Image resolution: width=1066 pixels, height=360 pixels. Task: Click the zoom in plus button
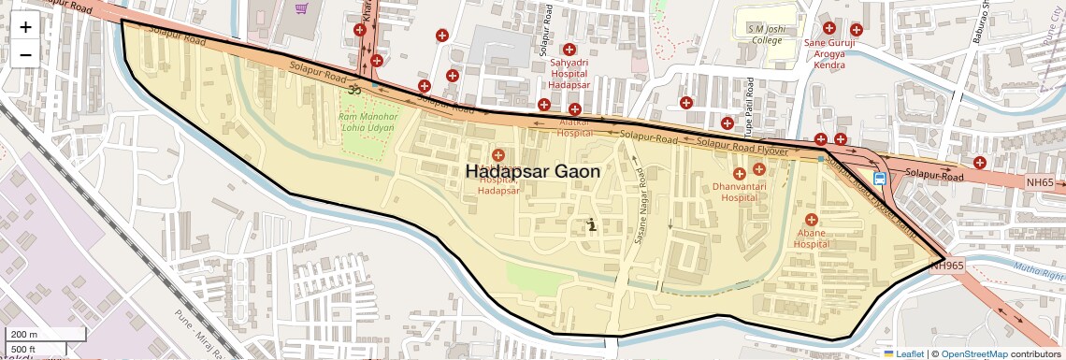[x=25, y=27]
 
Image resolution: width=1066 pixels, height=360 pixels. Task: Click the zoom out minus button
[x=25, y=54]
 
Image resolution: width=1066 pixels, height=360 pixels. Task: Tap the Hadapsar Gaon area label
[x=533, y=171]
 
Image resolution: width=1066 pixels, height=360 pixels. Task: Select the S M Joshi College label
[x=765, y=35]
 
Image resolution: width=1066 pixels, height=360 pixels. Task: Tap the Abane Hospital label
[x=812, y=238]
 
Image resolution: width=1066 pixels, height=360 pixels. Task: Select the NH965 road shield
[x=947, y=266]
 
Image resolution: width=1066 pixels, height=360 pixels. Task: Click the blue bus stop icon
[x=880, y=179]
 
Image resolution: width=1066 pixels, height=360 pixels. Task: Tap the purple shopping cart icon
[x=302, y=8]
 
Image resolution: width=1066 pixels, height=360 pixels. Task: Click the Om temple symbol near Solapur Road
[x=354, y=91]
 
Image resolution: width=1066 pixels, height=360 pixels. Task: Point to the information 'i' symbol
[x=591, y=223]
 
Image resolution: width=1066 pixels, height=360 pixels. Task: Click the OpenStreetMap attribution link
[x=974, y=353]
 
